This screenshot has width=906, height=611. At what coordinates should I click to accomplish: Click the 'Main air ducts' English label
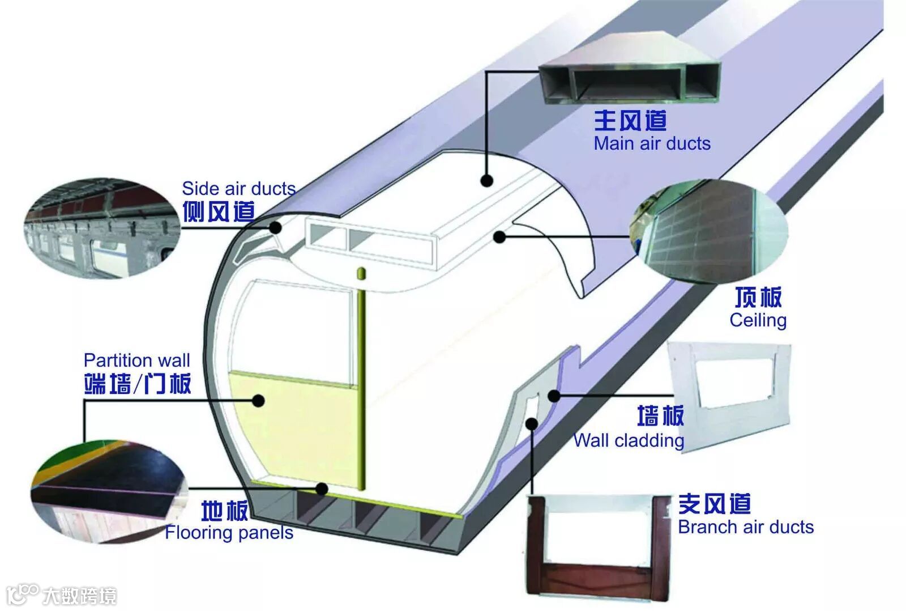652,143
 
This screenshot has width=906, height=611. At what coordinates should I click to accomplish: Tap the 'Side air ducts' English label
238,188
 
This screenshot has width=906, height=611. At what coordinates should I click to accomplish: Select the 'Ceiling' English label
758,320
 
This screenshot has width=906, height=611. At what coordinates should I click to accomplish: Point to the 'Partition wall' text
136,360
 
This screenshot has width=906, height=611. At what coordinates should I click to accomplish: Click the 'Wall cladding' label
629,440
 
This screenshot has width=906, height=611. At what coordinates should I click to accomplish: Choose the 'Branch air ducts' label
746,527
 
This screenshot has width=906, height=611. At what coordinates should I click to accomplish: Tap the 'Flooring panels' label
229,533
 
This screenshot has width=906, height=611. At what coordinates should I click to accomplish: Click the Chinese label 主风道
630,120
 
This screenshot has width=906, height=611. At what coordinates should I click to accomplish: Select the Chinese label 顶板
758,297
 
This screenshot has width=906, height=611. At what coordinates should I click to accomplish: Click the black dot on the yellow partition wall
259,401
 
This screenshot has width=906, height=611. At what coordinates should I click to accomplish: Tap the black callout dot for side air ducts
276,228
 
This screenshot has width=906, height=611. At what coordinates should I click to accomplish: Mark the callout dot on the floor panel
322,489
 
